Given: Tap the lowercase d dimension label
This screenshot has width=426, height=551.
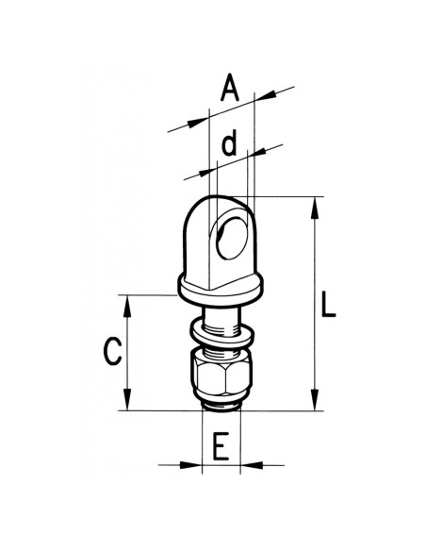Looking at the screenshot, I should (x=226, y=145).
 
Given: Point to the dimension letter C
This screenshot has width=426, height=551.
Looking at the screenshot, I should (x=112, y=352).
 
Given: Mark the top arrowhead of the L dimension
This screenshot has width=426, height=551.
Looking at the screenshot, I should (x=310, y=201).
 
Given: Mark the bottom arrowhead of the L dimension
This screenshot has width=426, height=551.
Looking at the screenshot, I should (x=310, y=405).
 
